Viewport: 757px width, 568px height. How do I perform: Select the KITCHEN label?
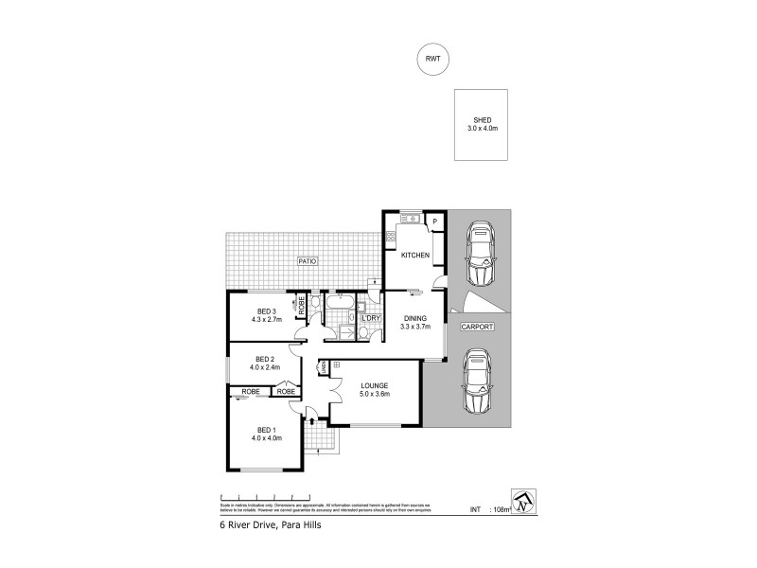tap(415, 256)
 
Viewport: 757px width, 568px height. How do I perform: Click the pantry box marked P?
tap(434, 222)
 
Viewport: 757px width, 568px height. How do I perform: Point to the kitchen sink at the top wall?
tap(410, 219)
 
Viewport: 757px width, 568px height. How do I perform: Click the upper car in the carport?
tap(482, 255)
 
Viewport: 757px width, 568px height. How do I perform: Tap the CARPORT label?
tap(475, 328)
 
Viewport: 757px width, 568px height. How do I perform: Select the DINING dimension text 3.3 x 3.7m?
tap(415, 328)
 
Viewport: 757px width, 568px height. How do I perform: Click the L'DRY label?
tap(370, 318)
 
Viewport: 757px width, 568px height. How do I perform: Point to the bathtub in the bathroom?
tap(338, 304)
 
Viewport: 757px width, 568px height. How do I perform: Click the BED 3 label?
tap(266, 311)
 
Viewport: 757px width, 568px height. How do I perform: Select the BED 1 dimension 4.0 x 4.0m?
tap(267, 437)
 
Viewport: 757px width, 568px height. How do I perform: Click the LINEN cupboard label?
tap(325, 365)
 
